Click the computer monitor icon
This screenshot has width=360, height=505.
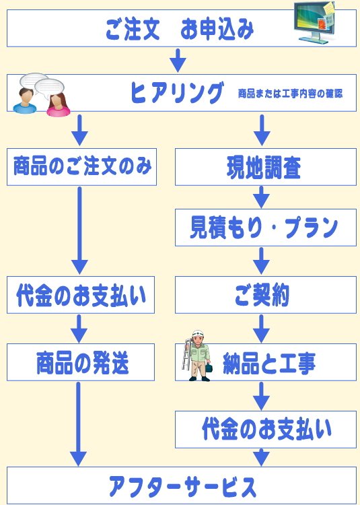coord(314,22)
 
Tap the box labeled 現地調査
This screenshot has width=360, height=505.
coord(266,167)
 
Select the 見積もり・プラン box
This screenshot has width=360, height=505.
coord(266,228)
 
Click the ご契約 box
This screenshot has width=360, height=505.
coord(266,295)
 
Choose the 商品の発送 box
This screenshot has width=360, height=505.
coord(81,362)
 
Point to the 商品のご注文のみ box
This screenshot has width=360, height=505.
coord(81,167)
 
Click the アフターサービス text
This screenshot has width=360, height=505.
coord(182,486)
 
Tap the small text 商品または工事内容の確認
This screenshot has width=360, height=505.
coord(290,94)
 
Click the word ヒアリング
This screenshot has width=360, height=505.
coord(176,93)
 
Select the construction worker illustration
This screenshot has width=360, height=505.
coord(196,356)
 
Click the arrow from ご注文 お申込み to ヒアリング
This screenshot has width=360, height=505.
coord(178,60)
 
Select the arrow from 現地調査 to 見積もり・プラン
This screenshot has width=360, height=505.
coord(262,197)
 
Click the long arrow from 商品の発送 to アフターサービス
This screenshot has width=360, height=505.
coord(79,424)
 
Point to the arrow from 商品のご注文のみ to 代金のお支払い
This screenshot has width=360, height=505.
coord(79,230)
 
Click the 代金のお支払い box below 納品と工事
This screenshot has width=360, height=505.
coord(266,430)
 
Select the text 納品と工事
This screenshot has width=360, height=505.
coord(269,363)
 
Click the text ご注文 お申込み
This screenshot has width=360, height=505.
coord(180,30)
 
